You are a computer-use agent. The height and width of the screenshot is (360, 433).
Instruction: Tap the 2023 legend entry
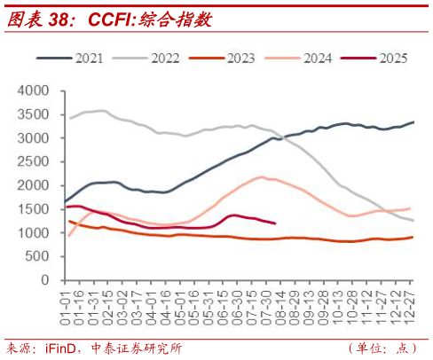pos(239,59)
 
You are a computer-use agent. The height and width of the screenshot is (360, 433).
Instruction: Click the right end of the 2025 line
pos(275,223)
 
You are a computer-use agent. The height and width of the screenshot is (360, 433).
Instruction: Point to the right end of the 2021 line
pos(413,122)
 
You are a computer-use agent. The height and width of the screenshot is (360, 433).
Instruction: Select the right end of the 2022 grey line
pos(413,220)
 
